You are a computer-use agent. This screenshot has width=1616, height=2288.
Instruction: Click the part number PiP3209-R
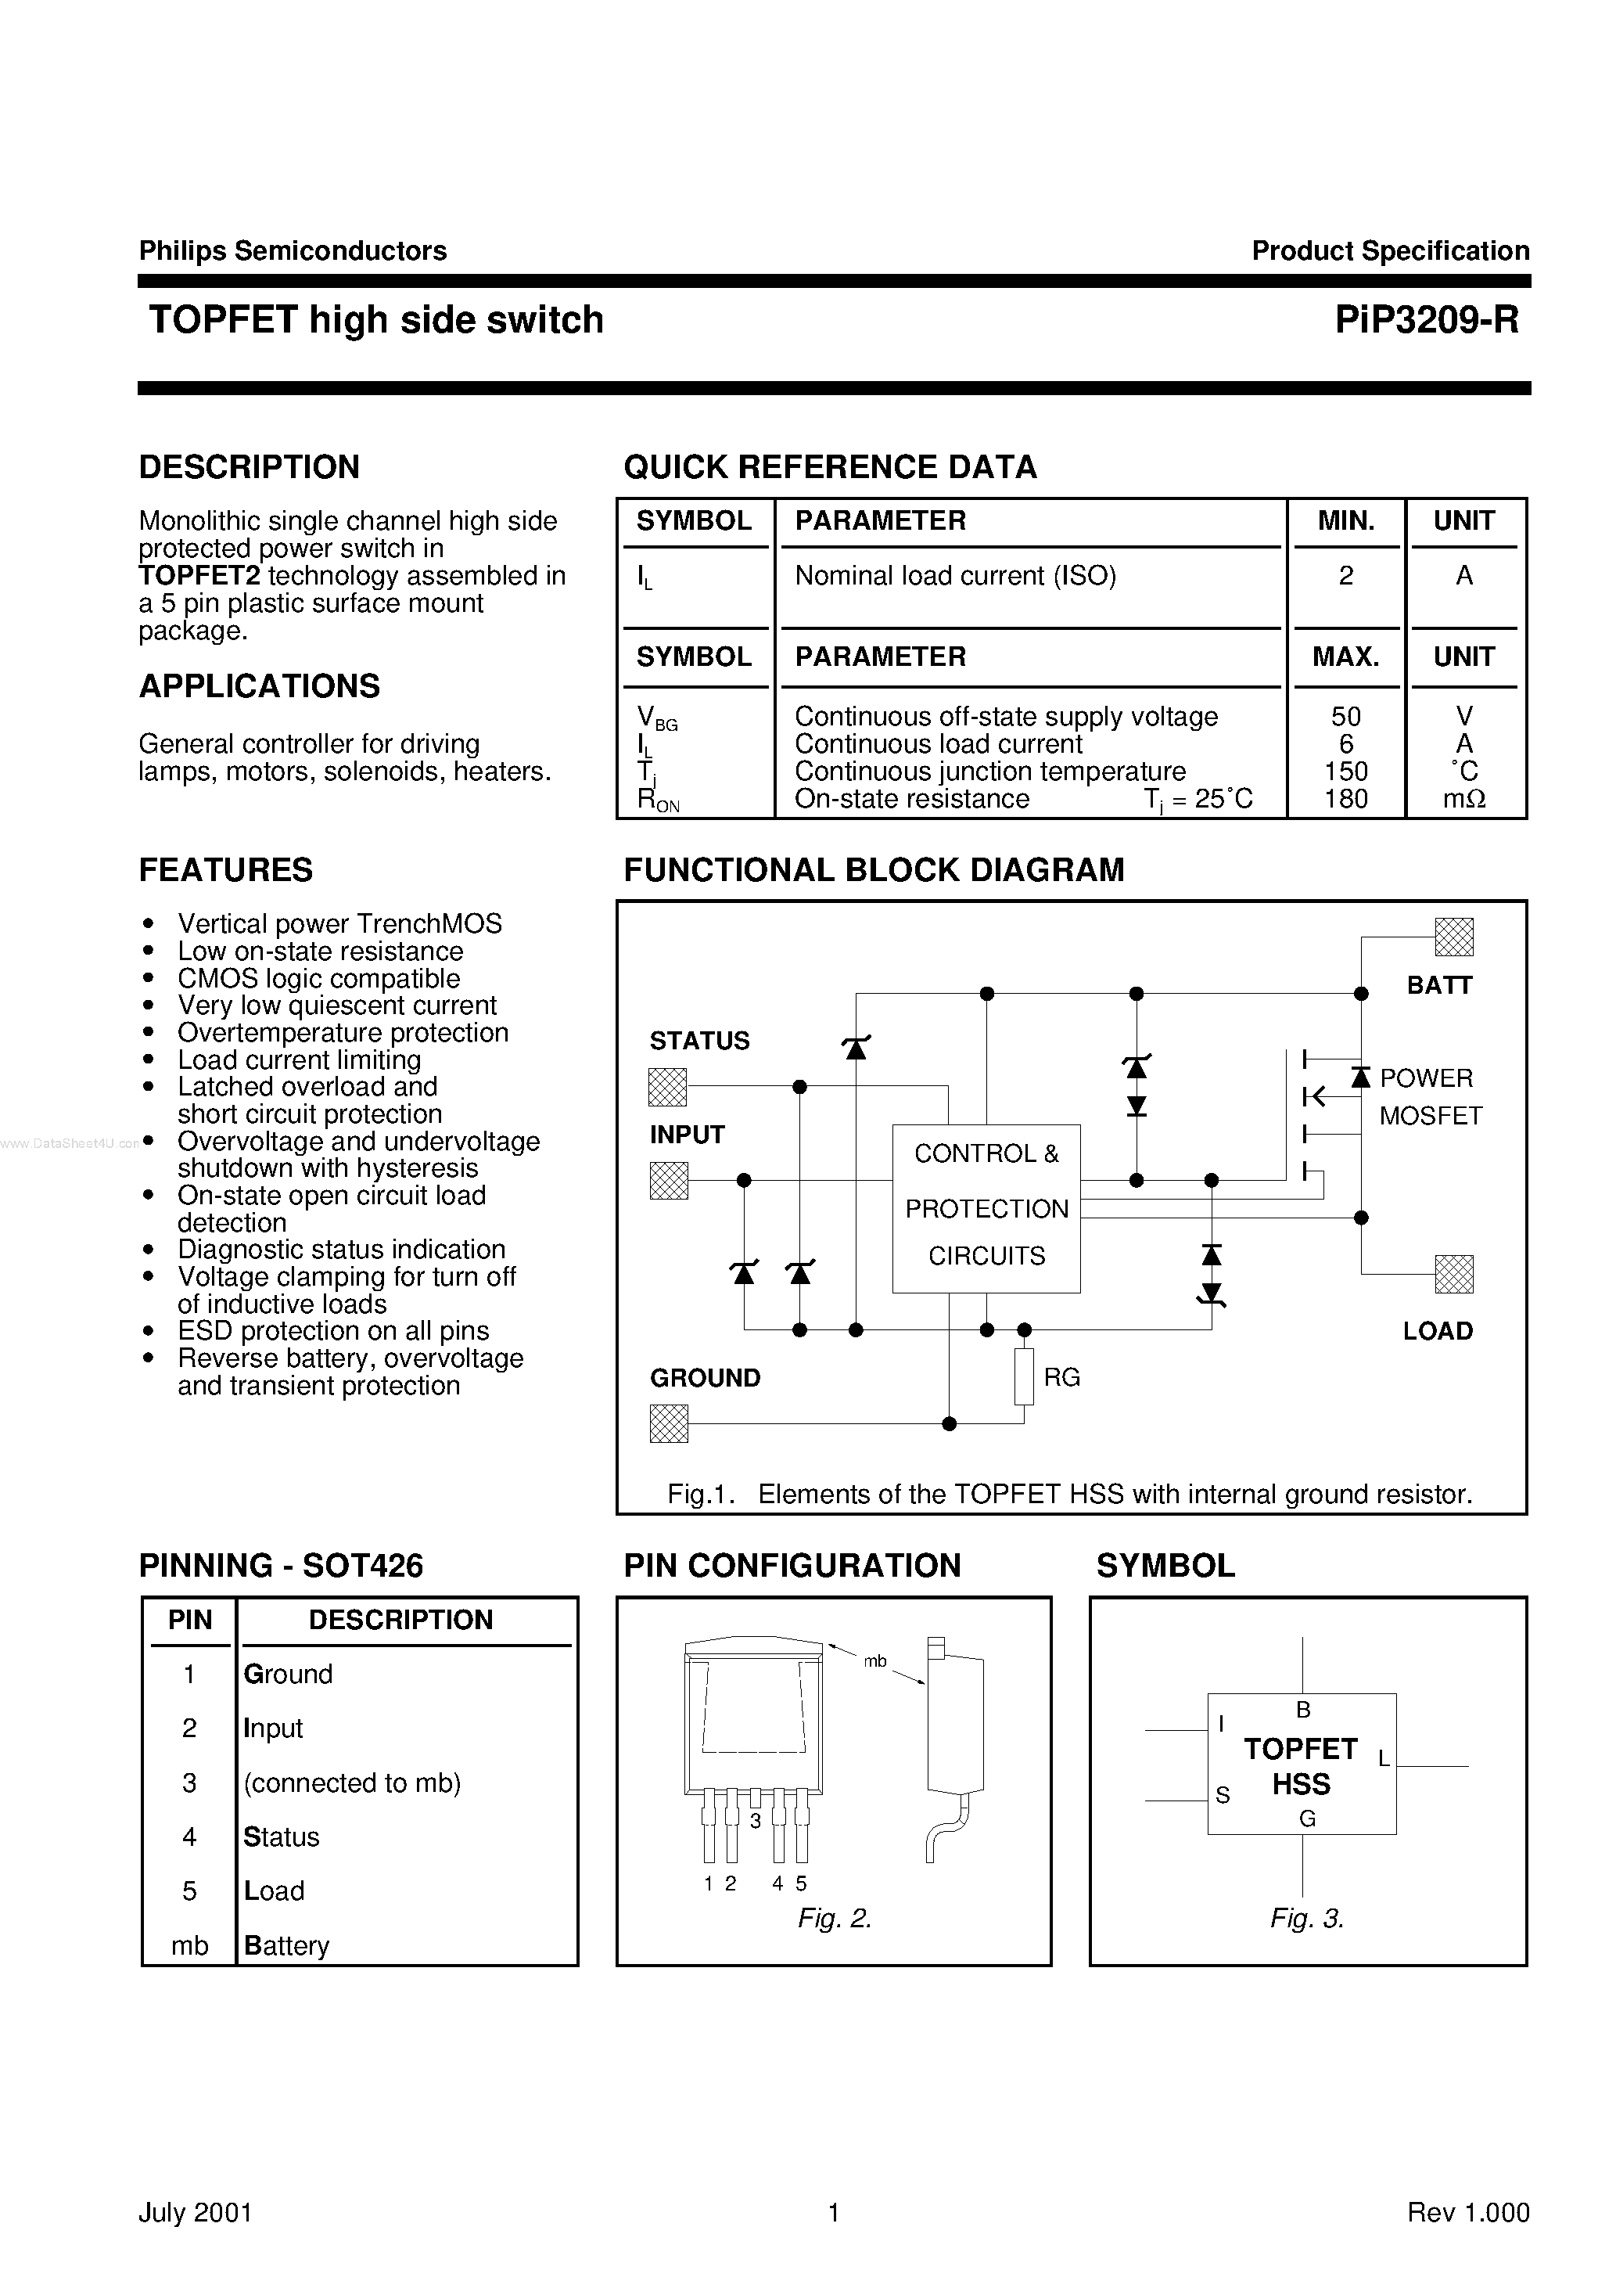pos(1427,320)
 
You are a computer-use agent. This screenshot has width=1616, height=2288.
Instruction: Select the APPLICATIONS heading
pos(259,685)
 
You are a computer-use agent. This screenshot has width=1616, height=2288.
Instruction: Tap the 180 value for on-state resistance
pos(1345,798)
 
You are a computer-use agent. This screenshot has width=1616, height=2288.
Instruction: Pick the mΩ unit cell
pos(1463,798)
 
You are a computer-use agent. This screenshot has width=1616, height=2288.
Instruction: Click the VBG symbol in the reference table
pos(655,718)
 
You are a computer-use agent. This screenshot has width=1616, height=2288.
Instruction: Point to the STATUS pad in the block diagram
pos(667,1086)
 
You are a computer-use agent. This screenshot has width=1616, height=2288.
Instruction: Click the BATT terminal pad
pos(1453,937)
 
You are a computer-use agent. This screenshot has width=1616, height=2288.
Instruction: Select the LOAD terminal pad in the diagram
pos(1453,1274)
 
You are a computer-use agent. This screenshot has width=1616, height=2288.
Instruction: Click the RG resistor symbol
pos(1024,1376)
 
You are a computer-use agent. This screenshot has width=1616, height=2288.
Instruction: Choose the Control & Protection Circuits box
pos(986,1208)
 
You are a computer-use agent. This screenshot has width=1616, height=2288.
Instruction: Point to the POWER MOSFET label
pos(1430,1096)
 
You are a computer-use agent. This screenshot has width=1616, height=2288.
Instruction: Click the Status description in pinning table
pos(281,1837)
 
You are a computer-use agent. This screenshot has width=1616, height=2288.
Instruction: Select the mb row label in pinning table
pos(189,1945)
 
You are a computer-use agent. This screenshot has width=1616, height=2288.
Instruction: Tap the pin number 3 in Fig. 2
pos(755,1821)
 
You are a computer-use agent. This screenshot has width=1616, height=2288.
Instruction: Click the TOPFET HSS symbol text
pos(1300,1766)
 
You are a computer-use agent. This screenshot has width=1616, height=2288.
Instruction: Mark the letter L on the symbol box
pos(1383,1759)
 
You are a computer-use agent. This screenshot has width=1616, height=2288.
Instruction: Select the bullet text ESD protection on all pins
pos(332,1330)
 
